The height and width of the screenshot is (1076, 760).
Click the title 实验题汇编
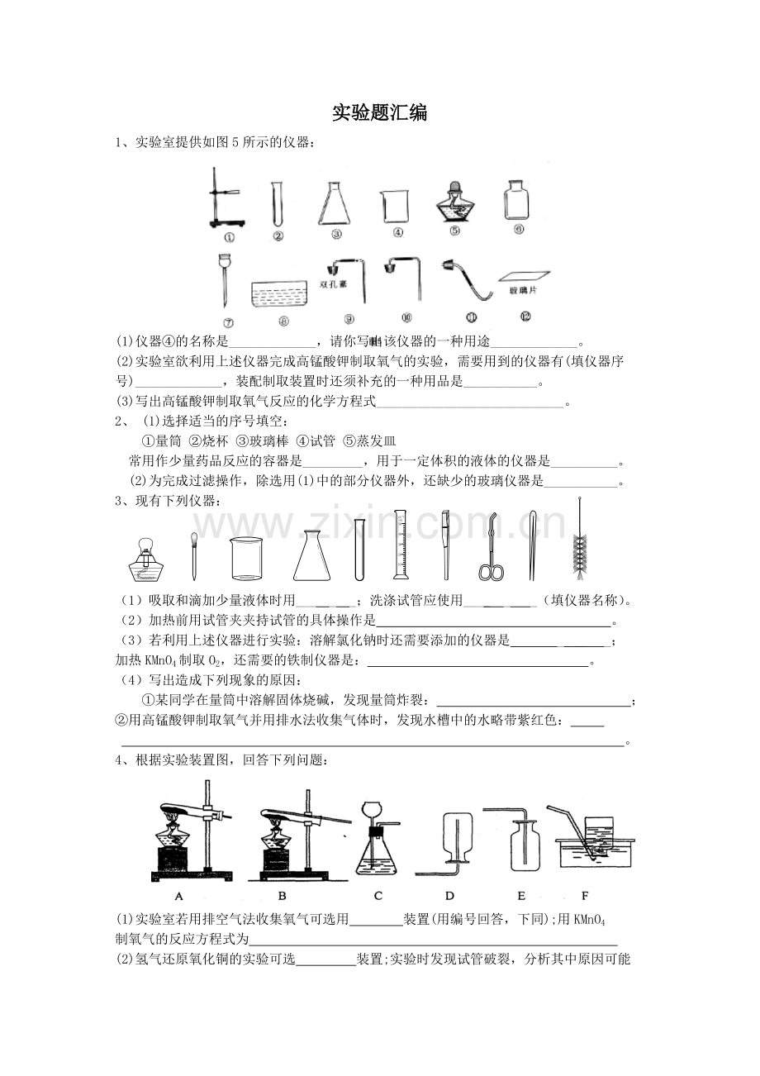point(379,113)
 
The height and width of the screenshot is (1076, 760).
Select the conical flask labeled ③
point(335,203)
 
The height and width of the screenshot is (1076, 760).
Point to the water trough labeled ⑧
point(279,295)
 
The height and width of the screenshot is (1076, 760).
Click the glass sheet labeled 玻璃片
point(524,275)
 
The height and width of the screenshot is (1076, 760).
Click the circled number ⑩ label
point(406,317)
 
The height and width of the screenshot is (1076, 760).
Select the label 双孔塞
point(333,284)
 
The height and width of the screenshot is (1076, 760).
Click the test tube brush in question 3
point(580,538)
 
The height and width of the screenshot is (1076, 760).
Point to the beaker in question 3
point(246,558)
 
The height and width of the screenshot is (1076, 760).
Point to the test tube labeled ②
point(277,203)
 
